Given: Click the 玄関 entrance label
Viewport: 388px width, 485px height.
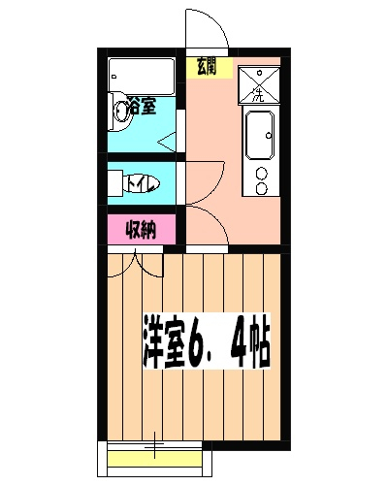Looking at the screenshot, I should pyautogui.click(x=206, y=67).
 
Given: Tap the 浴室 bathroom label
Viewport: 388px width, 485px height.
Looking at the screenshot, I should pyautogui.click(x=143, y=107).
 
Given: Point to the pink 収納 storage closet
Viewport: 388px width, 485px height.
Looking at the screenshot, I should pyautogui.click(x=142, y=231).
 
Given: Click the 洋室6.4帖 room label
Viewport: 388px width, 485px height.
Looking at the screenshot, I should pyautogui.click(x=207, y=342).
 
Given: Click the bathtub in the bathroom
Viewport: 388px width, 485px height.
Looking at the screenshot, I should pyautogui.click(x=142, y=75).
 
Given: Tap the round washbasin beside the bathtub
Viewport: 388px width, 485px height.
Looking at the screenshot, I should pyautogui.click(x=120, y=108).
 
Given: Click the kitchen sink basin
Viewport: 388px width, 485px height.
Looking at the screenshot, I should pyautogui.click(x=261, y=135).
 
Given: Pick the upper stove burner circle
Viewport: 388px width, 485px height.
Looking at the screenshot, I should pyautogui.click(x=260, y=175).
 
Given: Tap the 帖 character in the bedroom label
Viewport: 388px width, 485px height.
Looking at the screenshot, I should pyautogui.click(x=259, y=342).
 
